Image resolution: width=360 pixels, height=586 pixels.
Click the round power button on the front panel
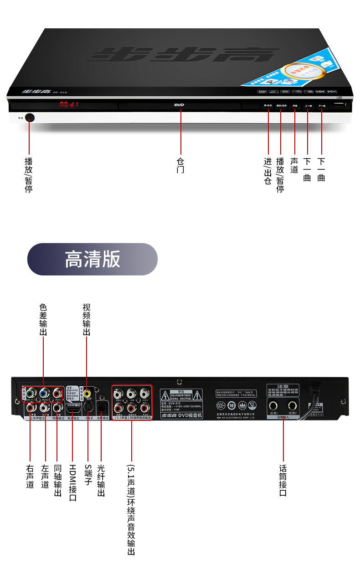click(30, 118)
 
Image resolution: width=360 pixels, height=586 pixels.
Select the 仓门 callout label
click(180, 166)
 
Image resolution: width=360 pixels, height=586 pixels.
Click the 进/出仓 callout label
click(268, 171)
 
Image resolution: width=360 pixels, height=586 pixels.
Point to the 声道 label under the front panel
click(294, 166)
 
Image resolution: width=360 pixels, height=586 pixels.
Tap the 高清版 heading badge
click(93, 259)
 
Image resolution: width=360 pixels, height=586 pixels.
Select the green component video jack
click(31, 393)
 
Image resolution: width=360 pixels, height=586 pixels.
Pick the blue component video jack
click(44, 393)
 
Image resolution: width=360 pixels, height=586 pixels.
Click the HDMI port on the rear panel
click(73, 405)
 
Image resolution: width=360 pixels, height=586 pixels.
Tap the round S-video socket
click(87, 405)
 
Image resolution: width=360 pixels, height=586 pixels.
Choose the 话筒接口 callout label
click(283, 480)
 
